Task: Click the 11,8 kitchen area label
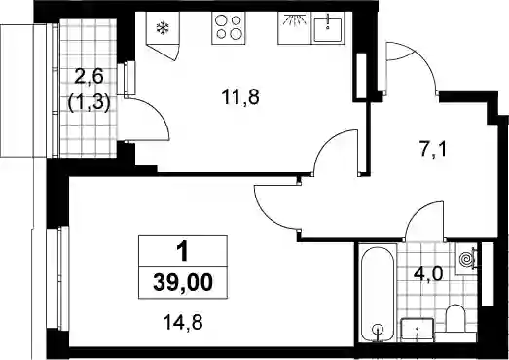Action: pos(240,97)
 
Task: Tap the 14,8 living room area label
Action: pos(183,323)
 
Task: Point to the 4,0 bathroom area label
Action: pos(428,274)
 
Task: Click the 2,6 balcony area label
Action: pos(89,78)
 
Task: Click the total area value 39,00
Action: pos(183,282)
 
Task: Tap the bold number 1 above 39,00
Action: pos(182,253)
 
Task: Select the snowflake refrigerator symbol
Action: pos(162,28)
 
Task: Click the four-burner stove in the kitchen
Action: pos(228,28)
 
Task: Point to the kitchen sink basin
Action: pos(328,28)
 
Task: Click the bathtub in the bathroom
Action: pos(378,293)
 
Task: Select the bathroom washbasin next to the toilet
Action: pos(418,330)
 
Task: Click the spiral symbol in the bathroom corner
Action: pos(466,260)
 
